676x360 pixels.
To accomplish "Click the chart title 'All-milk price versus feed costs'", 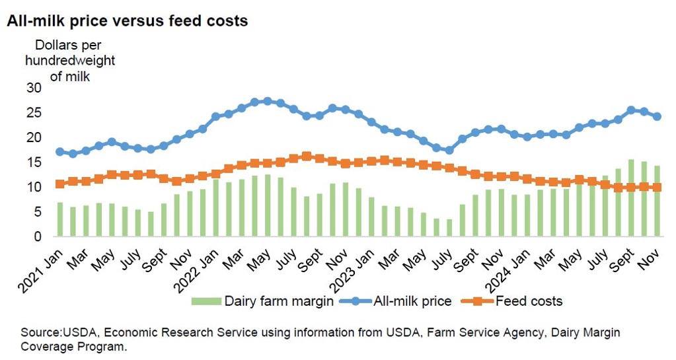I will click(x=127, y=21).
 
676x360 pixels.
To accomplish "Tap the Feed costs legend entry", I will click(x=515, y=301).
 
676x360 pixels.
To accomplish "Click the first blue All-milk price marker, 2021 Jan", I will click(x=60, y=151).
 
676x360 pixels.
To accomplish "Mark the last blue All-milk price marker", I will click(x=657, y=116).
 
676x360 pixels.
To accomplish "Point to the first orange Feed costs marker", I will click(x=60, y=184).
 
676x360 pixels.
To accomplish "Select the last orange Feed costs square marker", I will click(x=657, y=187).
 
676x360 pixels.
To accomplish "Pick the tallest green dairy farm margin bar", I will click(x=631, y=198).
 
